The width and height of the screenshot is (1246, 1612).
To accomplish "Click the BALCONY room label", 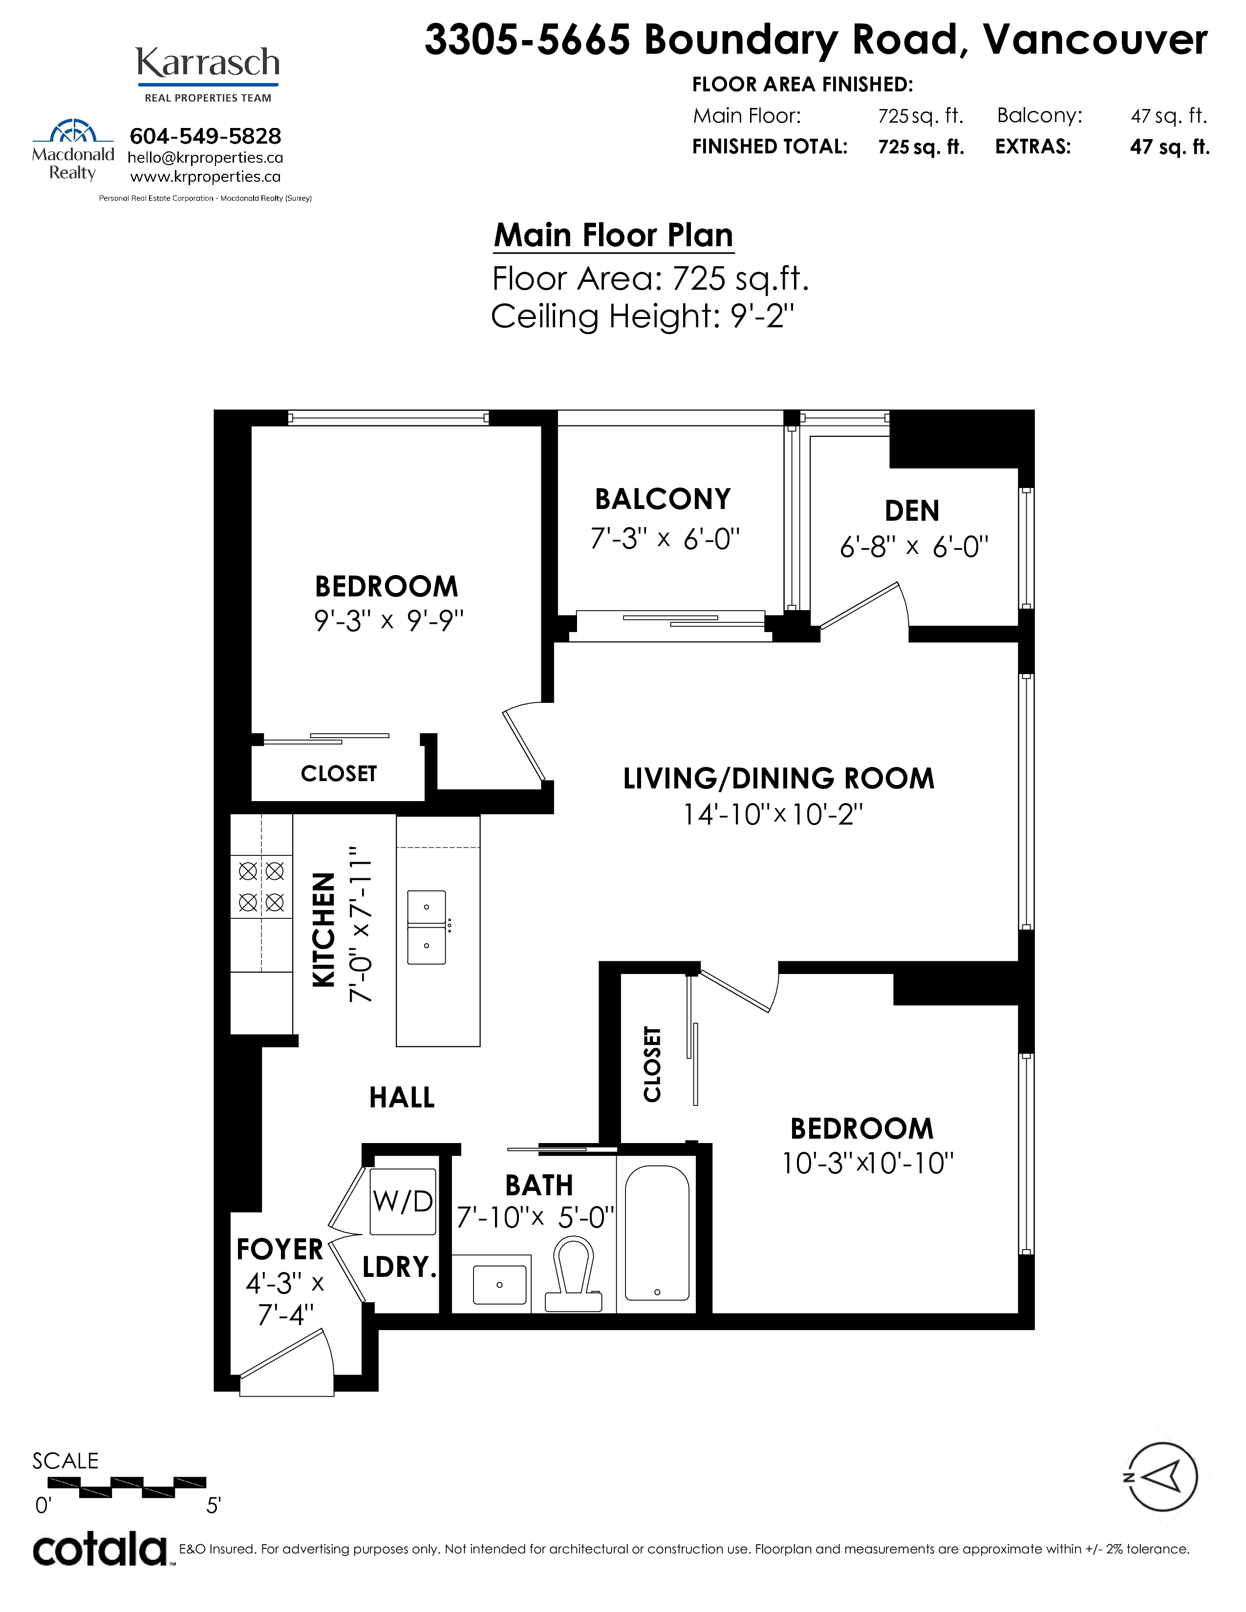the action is pyautogui.click(x=663, y=500).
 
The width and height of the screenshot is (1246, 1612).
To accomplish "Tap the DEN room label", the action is pyautogui.click(x=912, y=511).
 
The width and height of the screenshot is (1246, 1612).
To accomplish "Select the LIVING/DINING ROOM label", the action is pyautogui.click(x=779, y=779).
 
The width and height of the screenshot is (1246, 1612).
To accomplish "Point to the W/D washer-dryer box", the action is pyautogui.click(x=402, y=1202).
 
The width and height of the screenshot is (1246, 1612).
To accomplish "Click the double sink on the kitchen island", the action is pyautogui.click(x=427, y=927).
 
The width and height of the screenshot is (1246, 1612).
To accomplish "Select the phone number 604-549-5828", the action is pyautogui.click(x=205, y=137).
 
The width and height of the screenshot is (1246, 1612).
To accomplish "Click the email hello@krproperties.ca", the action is pyautogui.click(x=205, y=158).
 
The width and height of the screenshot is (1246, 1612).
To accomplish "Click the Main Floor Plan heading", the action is pyautogui.click(x=613, y=235).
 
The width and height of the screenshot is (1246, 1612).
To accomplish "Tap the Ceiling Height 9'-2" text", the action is pyautogui.click(x=642, y=317).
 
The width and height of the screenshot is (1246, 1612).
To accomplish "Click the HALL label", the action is pyautogui.click(x=402, y=1098).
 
